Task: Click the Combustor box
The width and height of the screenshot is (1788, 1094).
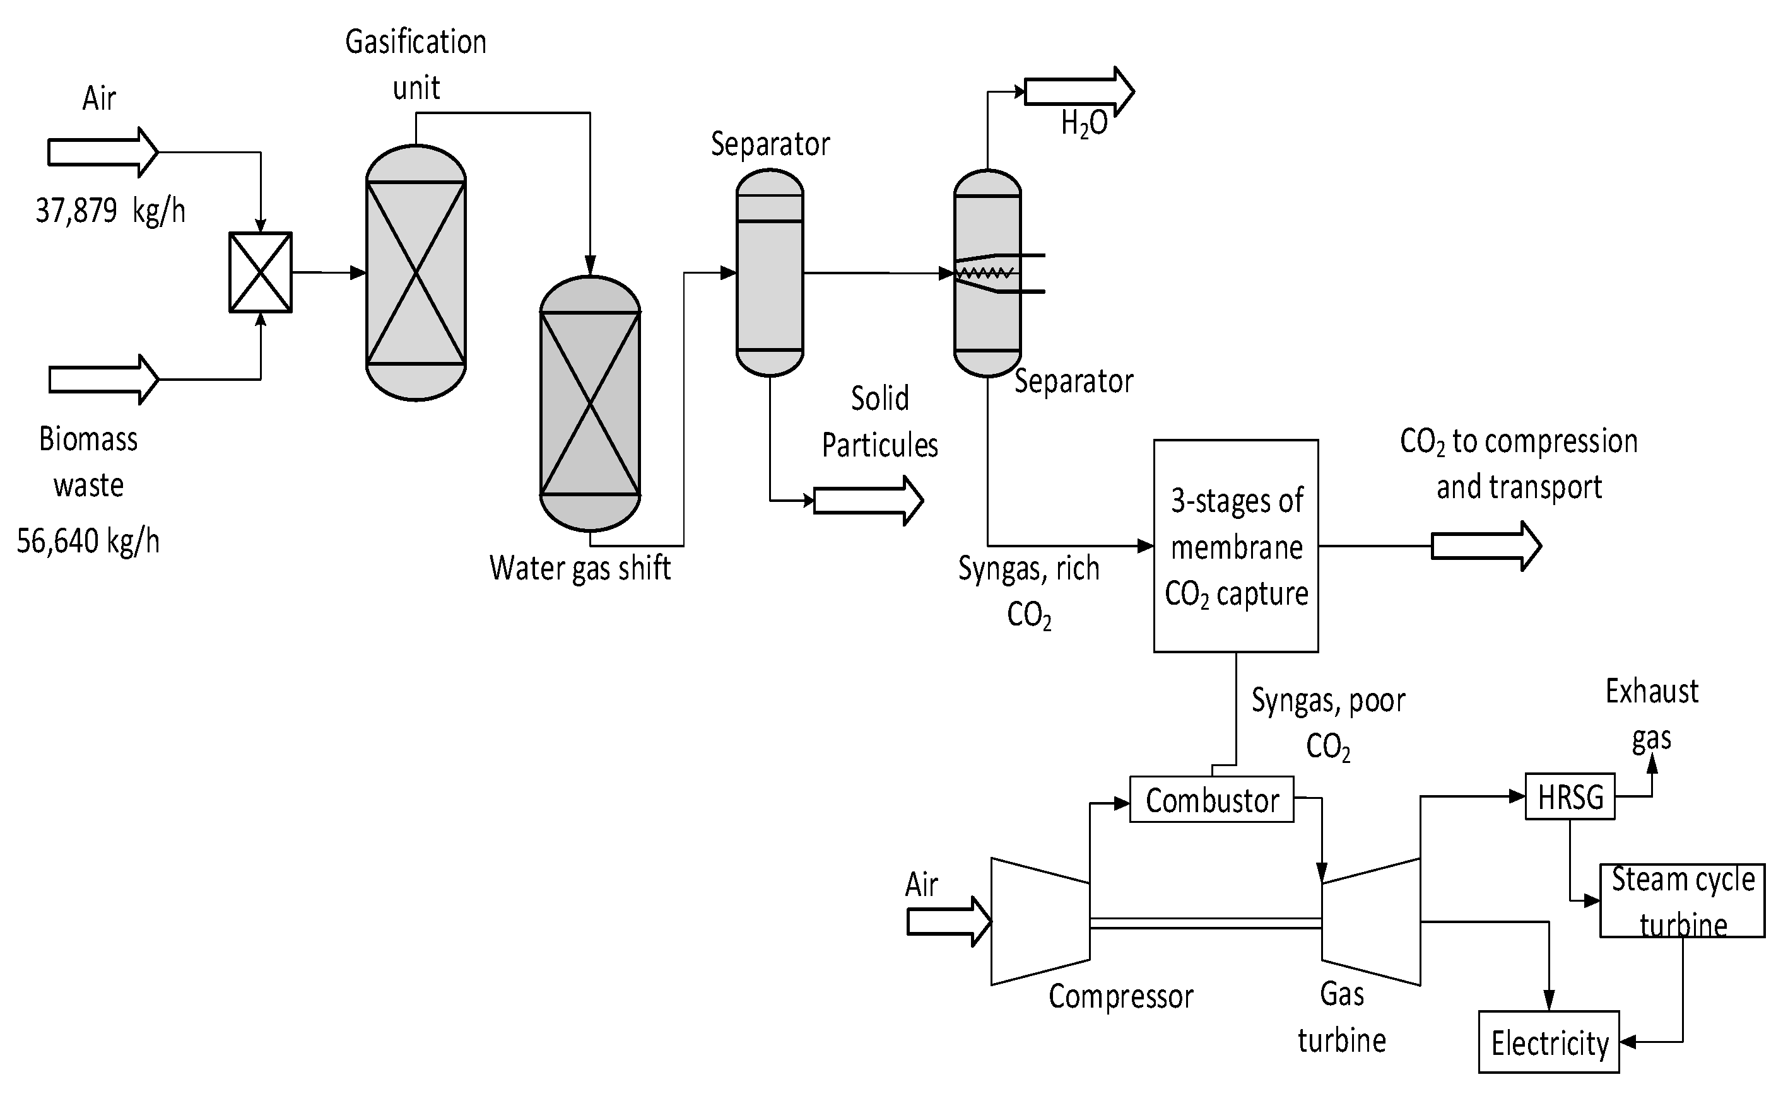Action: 1211,800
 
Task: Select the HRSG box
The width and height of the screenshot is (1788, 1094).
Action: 1570,796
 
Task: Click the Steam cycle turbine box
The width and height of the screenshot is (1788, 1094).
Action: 1681,900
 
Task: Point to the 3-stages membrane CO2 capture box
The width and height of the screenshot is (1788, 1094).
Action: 1236,545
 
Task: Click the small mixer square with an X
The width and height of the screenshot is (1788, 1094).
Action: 261,272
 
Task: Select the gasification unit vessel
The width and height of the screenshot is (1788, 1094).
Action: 416,272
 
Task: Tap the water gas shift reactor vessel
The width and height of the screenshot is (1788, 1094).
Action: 590,404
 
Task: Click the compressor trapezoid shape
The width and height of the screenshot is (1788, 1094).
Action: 1040,921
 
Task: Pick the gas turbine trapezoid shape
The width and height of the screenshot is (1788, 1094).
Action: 1371,921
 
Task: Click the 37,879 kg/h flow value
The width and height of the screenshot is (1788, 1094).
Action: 110,211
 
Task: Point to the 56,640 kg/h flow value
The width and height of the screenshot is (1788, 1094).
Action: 88,541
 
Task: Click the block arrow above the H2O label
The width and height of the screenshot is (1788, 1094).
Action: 1078,91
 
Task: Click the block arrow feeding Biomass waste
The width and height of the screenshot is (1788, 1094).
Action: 103,380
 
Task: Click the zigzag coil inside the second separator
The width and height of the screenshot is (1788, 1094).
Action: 985,273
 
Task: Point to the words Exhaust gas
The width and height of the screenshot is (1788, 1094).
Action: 1652,714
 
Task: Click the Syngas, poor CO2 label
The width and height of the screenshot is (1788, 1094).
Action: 1328,723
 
